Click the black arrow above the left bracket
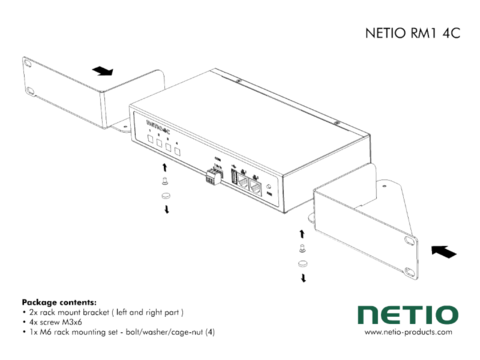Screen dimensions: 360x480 tap(100, 71)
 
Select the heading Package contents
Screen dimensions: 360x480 tap(59, 301)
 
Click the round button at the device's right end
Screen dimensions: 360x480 tap(284, 186)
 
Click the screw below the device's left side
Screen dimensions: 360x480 tap(164, 184)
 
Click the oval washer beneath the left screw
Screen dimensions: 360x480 tap(165, 196)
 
